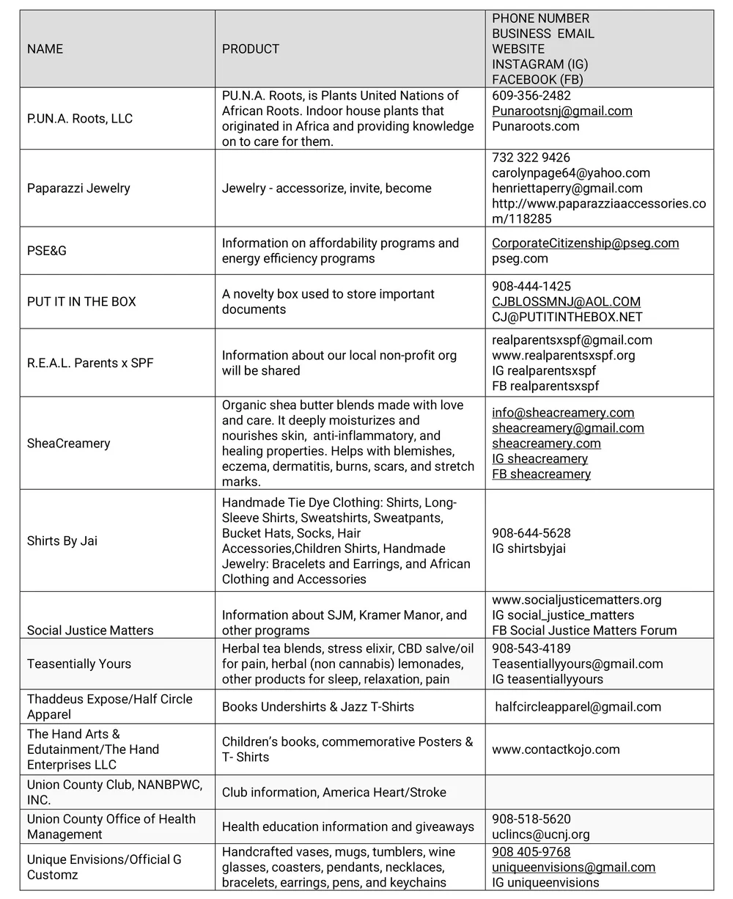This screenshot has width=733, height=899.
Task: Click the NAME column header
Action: (45, 49)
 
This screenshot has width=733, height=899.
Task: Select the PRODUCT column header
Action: (251, 49)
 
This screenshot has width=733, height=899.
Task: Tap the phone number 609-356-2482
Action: (531, 95)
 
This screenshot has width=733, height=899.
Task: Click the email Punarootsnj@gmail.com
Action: (562, 111)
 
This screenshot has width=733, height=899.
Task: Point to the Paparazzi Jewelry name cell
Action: (78, 188)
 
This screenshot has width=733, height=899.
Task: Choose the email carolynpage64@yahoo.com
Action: (571, 173)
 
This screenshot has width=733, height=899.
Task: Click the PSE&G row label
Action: (47, 251)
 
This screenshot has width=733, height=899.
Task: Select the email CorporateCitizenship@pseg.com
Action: (585, 243)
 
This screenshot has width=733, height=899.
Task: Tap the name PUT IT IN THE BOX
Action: (81, 301)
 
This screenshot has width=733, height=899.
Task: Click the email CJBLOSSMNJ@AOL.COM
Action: (566, 301)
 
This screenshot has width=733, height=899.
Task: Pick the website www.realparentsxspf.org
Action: (564, 355)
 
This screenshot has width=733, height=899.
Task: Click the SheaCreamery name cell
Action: (68, 443)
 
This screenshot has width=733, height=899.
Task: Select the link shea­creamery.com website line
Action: (546, 443)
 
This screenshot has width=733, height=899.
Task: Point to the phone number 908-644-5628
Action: (531, 533)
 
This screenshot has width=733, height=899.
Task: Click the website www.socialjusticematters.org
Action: (577, 600)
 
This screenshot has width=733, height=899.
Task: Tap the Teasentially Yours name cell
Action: (79, 664)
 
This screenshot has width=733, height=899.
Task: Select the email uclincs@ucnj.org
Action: (541, 834)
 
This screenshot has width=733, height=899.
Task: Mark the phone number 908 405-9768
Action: (531, 852)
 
